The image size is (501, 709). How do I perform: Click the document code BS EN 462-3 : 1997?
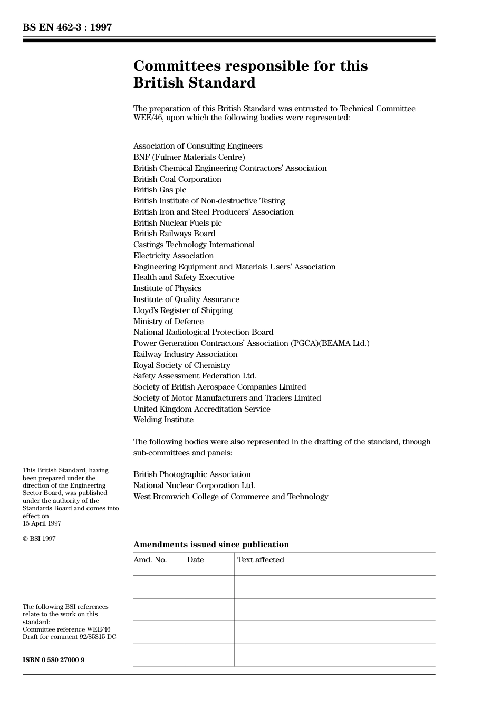tap(67, 27)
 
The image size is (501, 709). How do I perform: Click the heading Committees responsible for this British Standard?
tap(250, 74)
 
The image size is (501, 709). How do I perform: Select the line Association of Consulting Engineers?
tap(198, 146)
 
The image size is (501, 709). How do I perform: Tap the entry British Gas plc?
tap(159, 190)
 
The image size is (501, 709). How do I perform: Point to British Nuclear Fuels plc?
tap(177, 223)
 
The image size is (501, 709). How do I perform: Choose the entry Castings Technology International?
tap(194, 245)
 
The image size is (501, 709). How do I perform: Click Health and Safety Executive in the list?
tap(184, 277)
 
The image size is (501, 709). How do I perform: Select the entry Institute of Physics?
tap(167, 288)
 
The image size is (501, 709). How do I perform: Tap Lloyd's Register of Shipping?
tap(182, 310)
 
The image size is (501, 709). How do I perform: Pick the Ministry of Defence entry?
tap(168, 322)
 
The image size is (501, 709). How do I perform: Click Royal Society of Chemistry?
tap(181, 365)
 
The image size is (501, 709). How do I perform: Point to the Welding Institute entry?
tap(163, 420)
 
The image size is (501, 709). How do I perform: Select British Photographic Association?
tap(192, 474)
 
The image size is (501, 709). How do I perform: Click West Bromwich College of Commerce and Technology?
tap(230, 497)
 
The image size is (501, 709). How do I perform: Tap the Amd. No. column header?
tap(150, 560)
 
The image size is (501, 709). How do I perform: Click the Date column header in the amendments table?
tap(195, 560)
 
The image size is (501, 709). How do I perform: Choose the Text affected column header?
tap(261, 560)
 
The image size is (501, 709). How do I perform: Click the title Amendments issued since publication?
tap(211, 545)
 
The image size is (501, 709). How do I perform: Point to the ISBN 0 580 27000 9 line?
tap(53, 660)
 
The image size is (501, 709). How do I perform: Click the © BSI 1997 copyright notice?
tap(39, 539)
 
